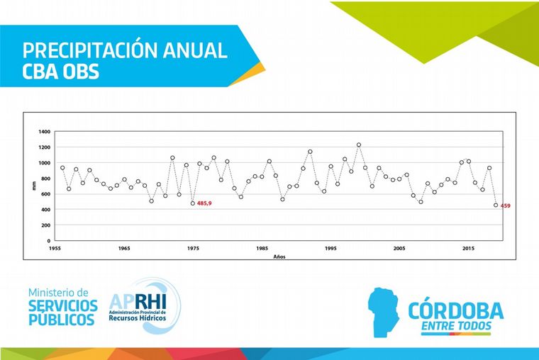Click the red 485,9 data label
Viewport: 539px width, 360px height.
[205, 203]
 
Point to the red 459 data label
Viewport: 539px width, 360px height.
[506, 206]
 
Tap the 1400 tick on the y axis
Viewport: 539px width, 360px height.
[44, 132]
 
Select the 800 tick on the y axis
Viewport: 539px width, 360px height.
[45, 179]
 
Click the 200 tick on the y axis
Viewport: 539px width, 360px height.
[45, 225]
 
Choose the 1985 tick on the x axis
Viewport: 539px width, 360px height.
[262, 249]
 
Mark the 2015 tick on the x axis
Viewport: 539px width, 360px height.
[469, 249]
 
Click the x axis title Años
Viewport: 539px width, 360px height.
[279, 256]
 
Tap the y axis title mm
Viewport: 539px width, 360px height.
[33, 186]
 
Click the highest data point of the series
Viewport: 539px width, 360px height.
[359, 145]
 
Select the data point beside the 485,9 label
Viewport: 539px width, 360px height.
[193, 203]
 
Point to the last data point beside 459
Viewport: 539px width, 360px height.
[496, 205]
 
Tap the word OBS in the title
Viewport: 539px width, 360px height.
[84, 72]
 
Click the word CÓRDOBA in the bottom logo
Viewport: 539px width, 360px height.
[456, 310]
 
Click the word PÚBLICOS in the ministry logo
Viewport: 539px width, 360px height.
[61, 320]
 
